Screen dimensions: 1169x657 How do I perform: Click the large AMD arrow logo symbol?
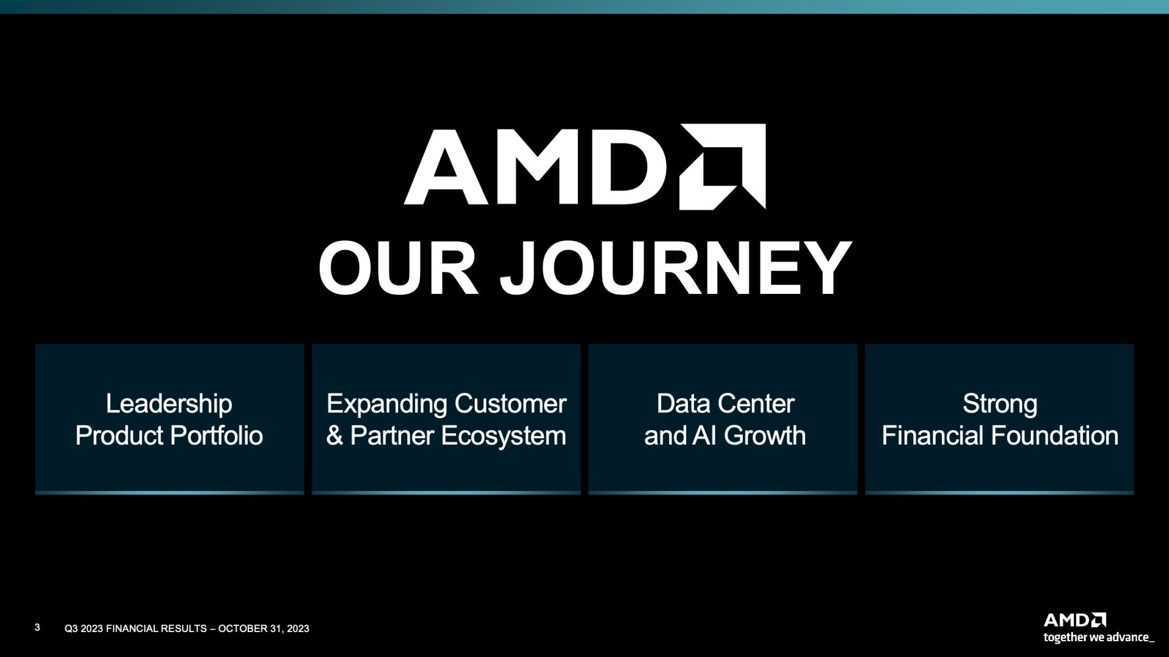point(723,167)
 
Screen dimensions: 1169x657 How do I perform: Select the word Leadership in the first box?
point(169,405)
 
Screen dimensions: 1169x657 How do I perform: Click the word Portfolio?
point(216,436)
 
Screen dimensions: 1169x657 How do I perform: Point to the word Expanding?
point(387,405)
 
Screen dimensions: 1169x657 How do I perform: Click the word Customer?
point(510,404)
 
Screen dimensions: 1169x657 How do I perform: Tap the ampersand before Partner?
point(334,436)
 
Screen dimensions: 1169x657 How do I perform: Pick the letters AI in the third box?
point(706,436)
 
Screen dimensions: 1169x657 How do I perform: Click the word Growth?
point(765,436)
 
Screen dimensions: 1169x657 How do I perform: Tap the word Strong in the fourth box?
point(1000,405)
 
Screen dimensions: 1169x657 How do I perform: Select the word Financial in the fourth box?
point(933,436)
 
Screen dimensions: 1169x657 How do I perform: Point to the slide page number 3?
point(37,627)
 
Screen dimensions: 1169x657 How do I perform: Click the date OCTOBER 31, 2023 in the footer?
point(264,628)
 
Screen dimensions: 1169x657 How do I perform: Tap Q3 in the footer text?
point(71,628)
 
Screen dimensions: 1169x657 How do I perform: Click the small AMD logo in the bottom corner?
point(1075,620)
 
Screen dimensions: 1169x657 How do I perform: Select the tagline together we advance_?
point(1099,638)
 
